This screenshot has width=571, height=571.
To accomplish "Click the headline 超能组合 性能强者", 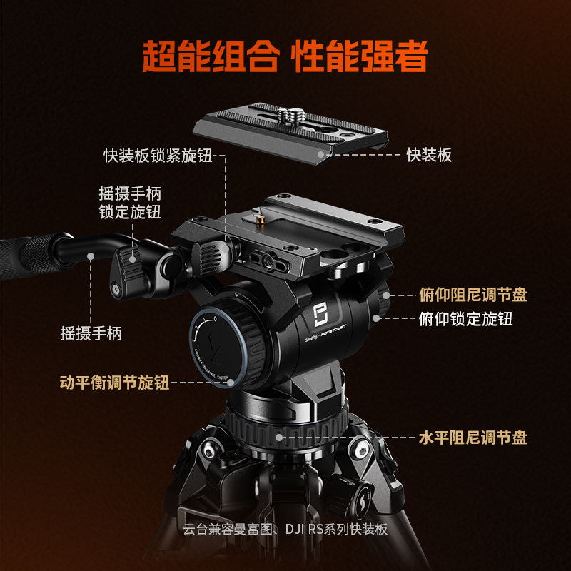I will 285,56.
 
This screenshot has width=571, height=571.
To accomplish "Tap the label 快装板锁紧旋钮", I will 158,156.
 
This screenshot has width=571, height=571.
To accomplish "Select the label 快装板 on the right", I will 429,154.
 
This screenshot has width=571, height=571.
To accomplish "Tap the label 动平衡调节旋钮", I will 114,383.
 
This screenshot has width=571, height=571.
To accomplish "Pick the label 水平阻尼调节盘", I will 473,438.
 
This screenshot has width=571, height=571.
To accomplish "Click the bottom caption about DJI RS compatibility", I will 285,529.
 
